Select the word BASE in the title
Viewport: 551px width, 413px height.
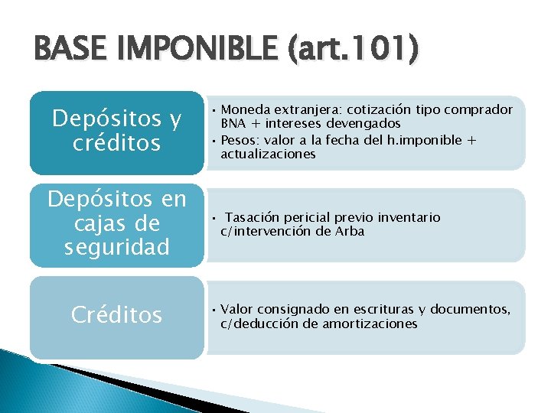(67, 51)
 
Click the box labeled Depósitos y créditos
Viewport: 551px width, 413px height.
(116, 132)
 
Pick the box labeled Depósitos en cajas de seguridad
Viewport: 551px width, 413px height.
(116, 223)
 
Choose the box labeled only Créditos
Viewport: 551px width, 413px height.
(116, 314)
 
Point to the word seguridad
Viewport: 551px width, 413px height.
(116, 247)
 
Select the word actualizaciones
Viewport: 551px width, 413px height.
(268, 154)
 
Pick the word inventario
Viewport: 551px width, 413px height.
(410, 217)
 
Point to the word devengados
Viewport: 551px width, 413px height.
(365, 123)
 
